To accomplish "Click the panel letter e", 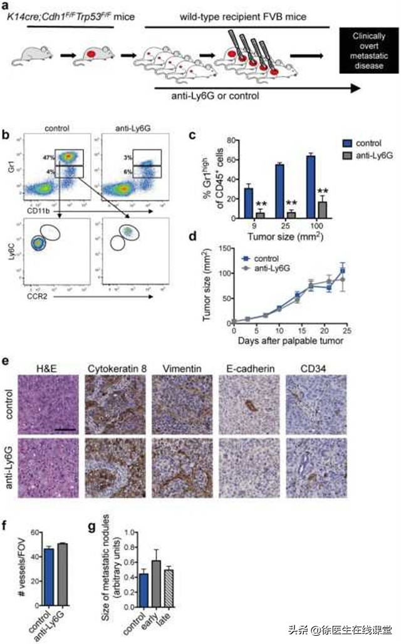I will point(6,362).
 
